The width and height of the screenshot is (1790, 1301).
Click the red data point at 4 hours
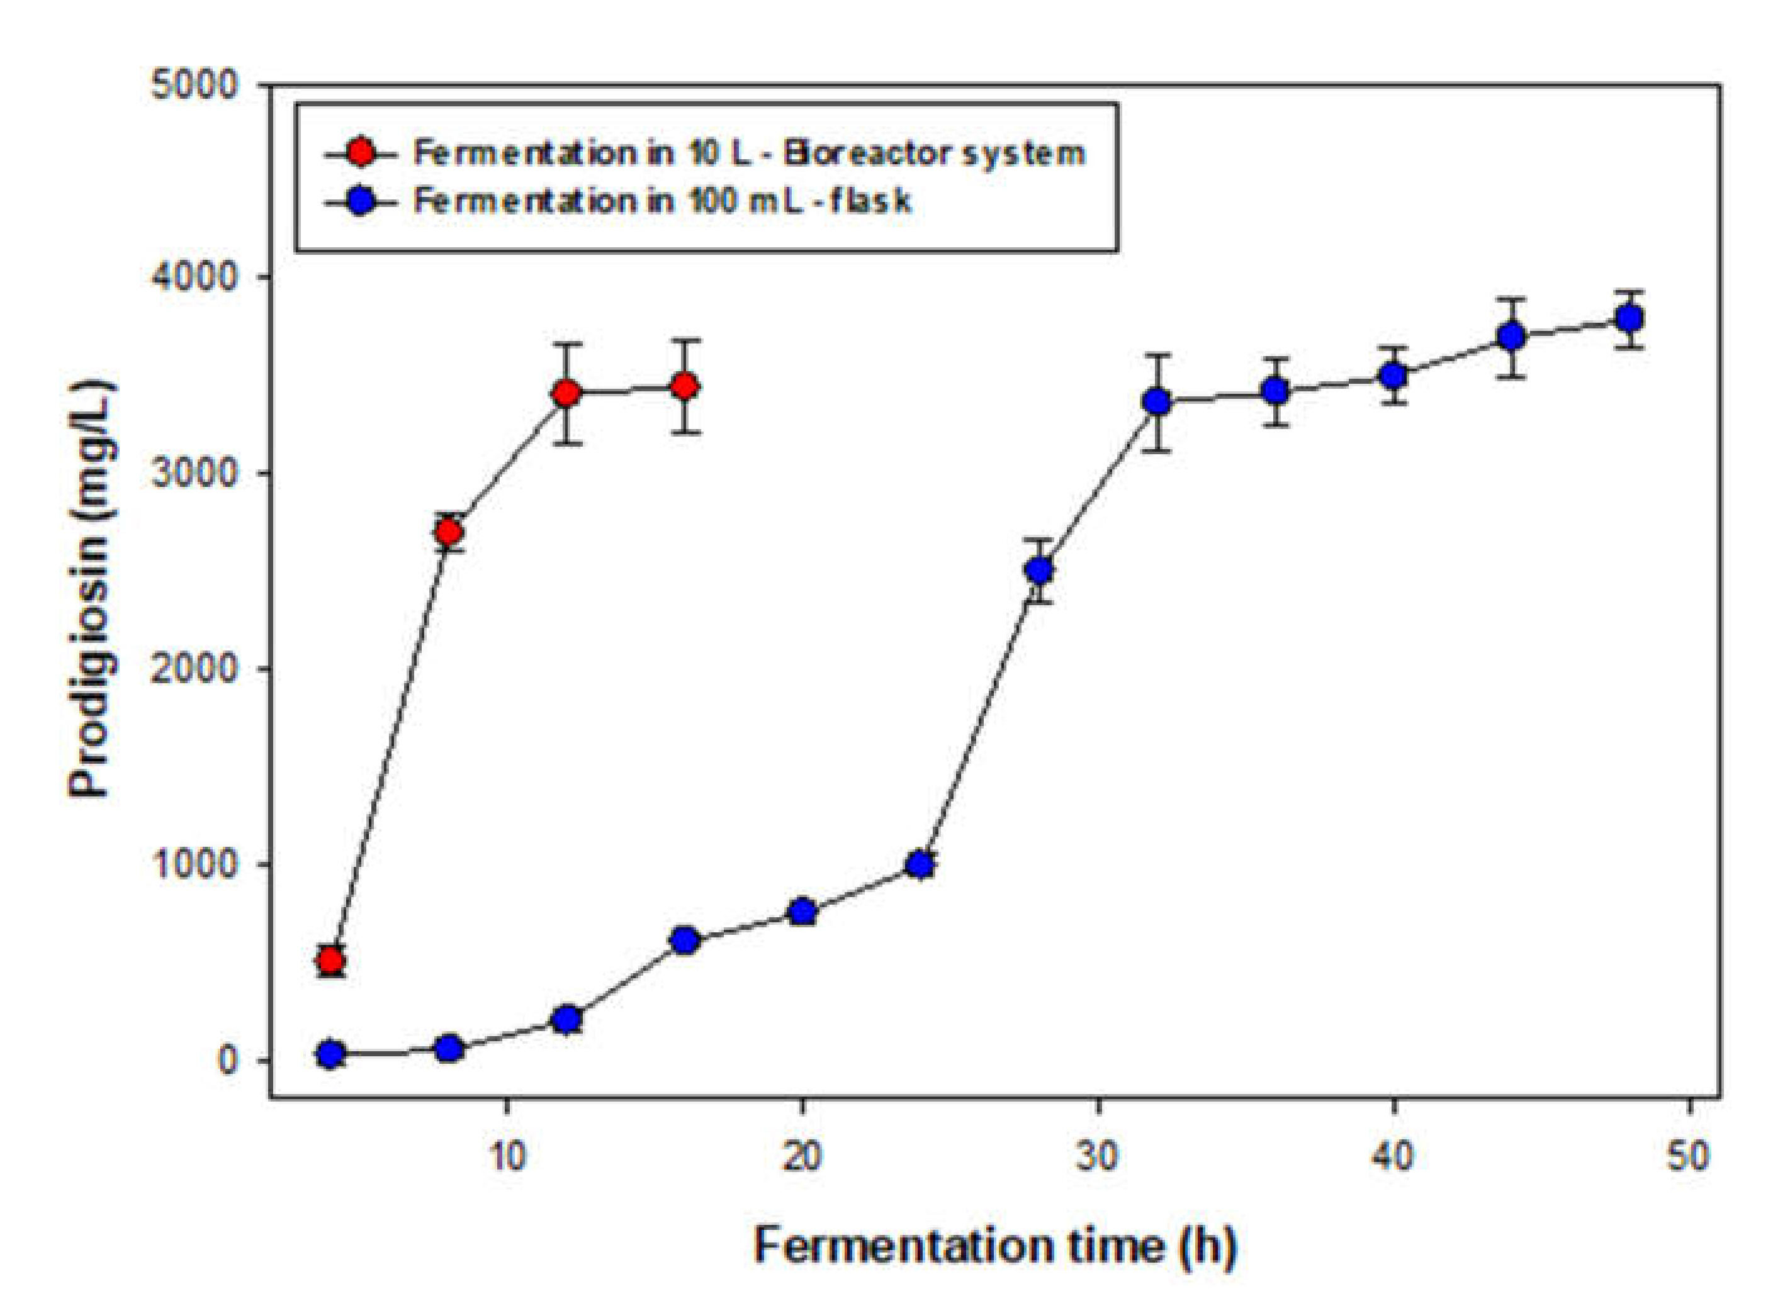tap(330, 960)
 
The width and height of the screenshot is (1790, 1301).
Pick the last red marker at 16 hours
tap(684, 386)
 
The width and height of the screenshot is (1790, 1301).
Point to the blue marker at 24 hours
tap(920, 864)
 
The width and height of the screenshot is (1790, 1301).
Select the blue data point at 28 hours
tap(1039, 569)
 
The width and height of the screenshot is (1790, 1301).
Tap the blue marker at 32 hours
tap(1157, 401)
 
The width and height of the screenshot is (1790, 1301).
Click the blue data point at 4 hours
tap(330, 1054)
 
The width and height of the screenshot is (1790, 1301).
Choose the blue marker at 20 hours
tap(802, 911)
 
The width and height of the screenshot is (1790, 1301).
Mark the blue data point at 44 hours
tap(1511, 337)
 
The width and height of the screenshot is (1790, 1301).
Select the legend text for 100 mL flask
tap(662, 201)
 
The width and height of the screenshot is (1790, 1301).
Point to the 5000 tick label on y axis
tap(194, 84)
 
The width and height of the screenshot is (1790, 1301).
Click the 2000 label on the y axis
tap(194, 668)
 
